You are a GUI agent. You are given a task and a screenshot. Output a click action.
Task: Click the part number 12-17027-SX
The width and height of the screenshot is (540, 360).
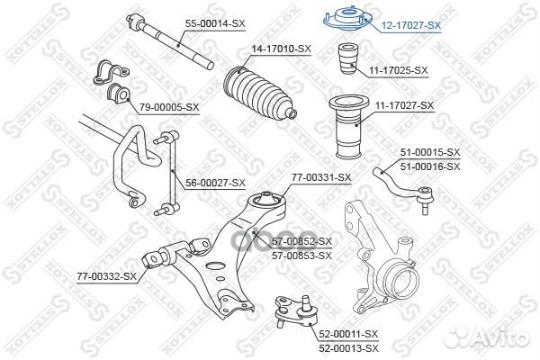(410, 26)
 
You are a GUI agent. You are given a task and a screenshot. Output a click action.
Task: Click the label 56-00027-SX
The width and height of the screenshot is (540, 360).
(215, 183)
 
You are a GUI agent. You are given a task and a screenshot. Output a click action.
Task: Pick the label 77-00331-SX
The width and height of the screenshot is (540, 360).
(320, 177)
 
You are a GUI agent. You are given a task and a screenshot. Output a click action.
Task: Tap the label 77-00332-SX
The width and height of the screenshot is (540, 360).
(105, 275)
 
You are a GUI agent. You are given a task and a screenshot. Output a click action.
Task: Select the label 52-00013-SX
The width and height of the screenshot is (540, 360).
(348, 347)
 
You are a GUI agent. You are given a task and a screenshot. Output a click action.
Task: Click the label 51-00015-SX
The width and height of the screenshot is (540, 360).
(429, 153)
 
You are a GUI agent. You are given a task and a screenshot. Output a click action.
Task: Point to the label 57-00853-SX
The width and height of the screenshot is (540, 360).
(301, 256)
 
